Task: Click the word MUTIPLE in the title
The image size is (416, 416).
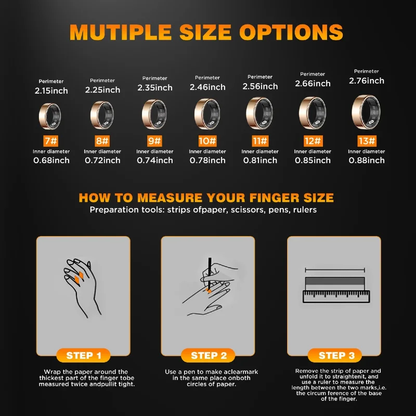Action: (x=121, y=32)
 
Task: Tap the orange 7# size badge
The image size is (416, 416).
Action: (x=50, y=141)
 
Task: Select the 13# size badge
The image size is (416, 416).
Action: (x=367, y=141)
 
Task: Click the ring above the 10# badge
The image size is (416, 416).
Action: (x=207, y=114)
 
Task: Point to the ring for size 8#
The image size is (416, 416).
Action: (x=102, y=115)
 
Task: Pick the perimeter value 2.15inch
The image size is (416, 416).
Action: (x=51, y=91)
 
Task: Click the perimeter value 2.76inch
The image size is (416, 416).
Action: (x=367, y=81)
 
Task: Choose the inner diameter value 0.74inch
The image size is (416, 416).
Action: (x=155, y=160)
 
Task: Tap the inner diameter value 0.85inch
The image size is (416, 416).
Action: (x=313, y=160)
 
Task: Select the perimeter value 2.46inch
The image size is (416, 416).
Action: (x=207, y=87)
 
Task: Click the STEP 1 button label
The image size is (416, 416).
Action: (x=84, y=355)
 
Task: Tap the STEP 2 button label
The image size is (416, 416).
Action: (x=209, y=355)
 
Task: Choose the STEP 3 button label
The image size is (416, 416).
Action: (x=336, y=355)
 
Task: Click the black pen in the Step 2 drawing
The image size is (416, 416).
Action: (x=210, y=274)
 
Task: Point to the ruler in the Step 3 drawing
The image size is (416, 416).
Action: (x=336, y=296)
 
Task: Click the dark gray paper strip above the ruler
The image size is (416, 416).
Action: (x=335, y=281)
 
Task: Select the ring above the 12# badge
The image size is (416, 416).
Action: (x=313, y=113)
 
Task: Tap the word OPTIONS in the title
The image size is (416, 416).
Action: (x=291, y=32)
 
